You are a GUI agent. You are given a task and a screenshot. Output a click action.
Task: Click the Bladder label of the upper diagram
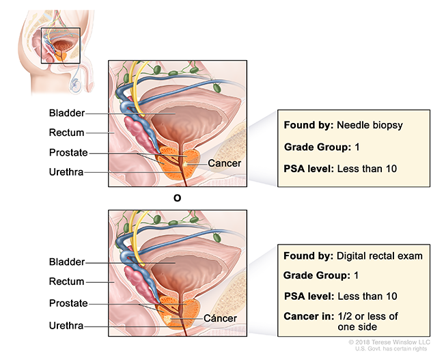(66, 113)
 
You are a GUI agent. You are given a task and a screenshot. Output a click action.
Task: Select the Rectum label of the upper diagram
(66, 133)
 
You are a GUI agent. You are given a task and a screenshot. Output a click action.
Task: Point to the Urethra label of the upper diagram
(66, 172)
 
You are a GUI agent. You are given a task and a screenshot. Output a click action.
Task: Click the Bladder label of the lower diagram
(66, 262)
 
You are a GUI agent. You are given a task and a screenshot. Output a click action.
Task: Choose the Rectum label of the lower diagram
(66, 281)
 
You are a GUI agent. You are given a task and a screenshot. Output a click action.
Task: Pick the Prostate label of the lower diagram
(68, 303)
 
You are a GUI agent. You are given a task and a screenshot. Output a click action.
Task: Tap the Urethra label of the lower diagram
(66, 326)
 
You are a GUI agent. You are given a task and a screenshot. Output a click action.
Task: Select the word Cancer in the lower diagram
(220, 318)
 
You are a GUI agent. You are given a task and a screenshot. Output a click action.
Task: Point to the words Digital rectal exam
(380, 256)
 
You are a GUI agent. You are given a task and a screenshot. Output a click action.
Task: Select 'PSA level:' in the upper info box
(309, 168)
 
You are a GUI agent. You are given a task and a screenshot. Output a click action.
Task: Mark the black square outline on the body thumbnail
(61, 45)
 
